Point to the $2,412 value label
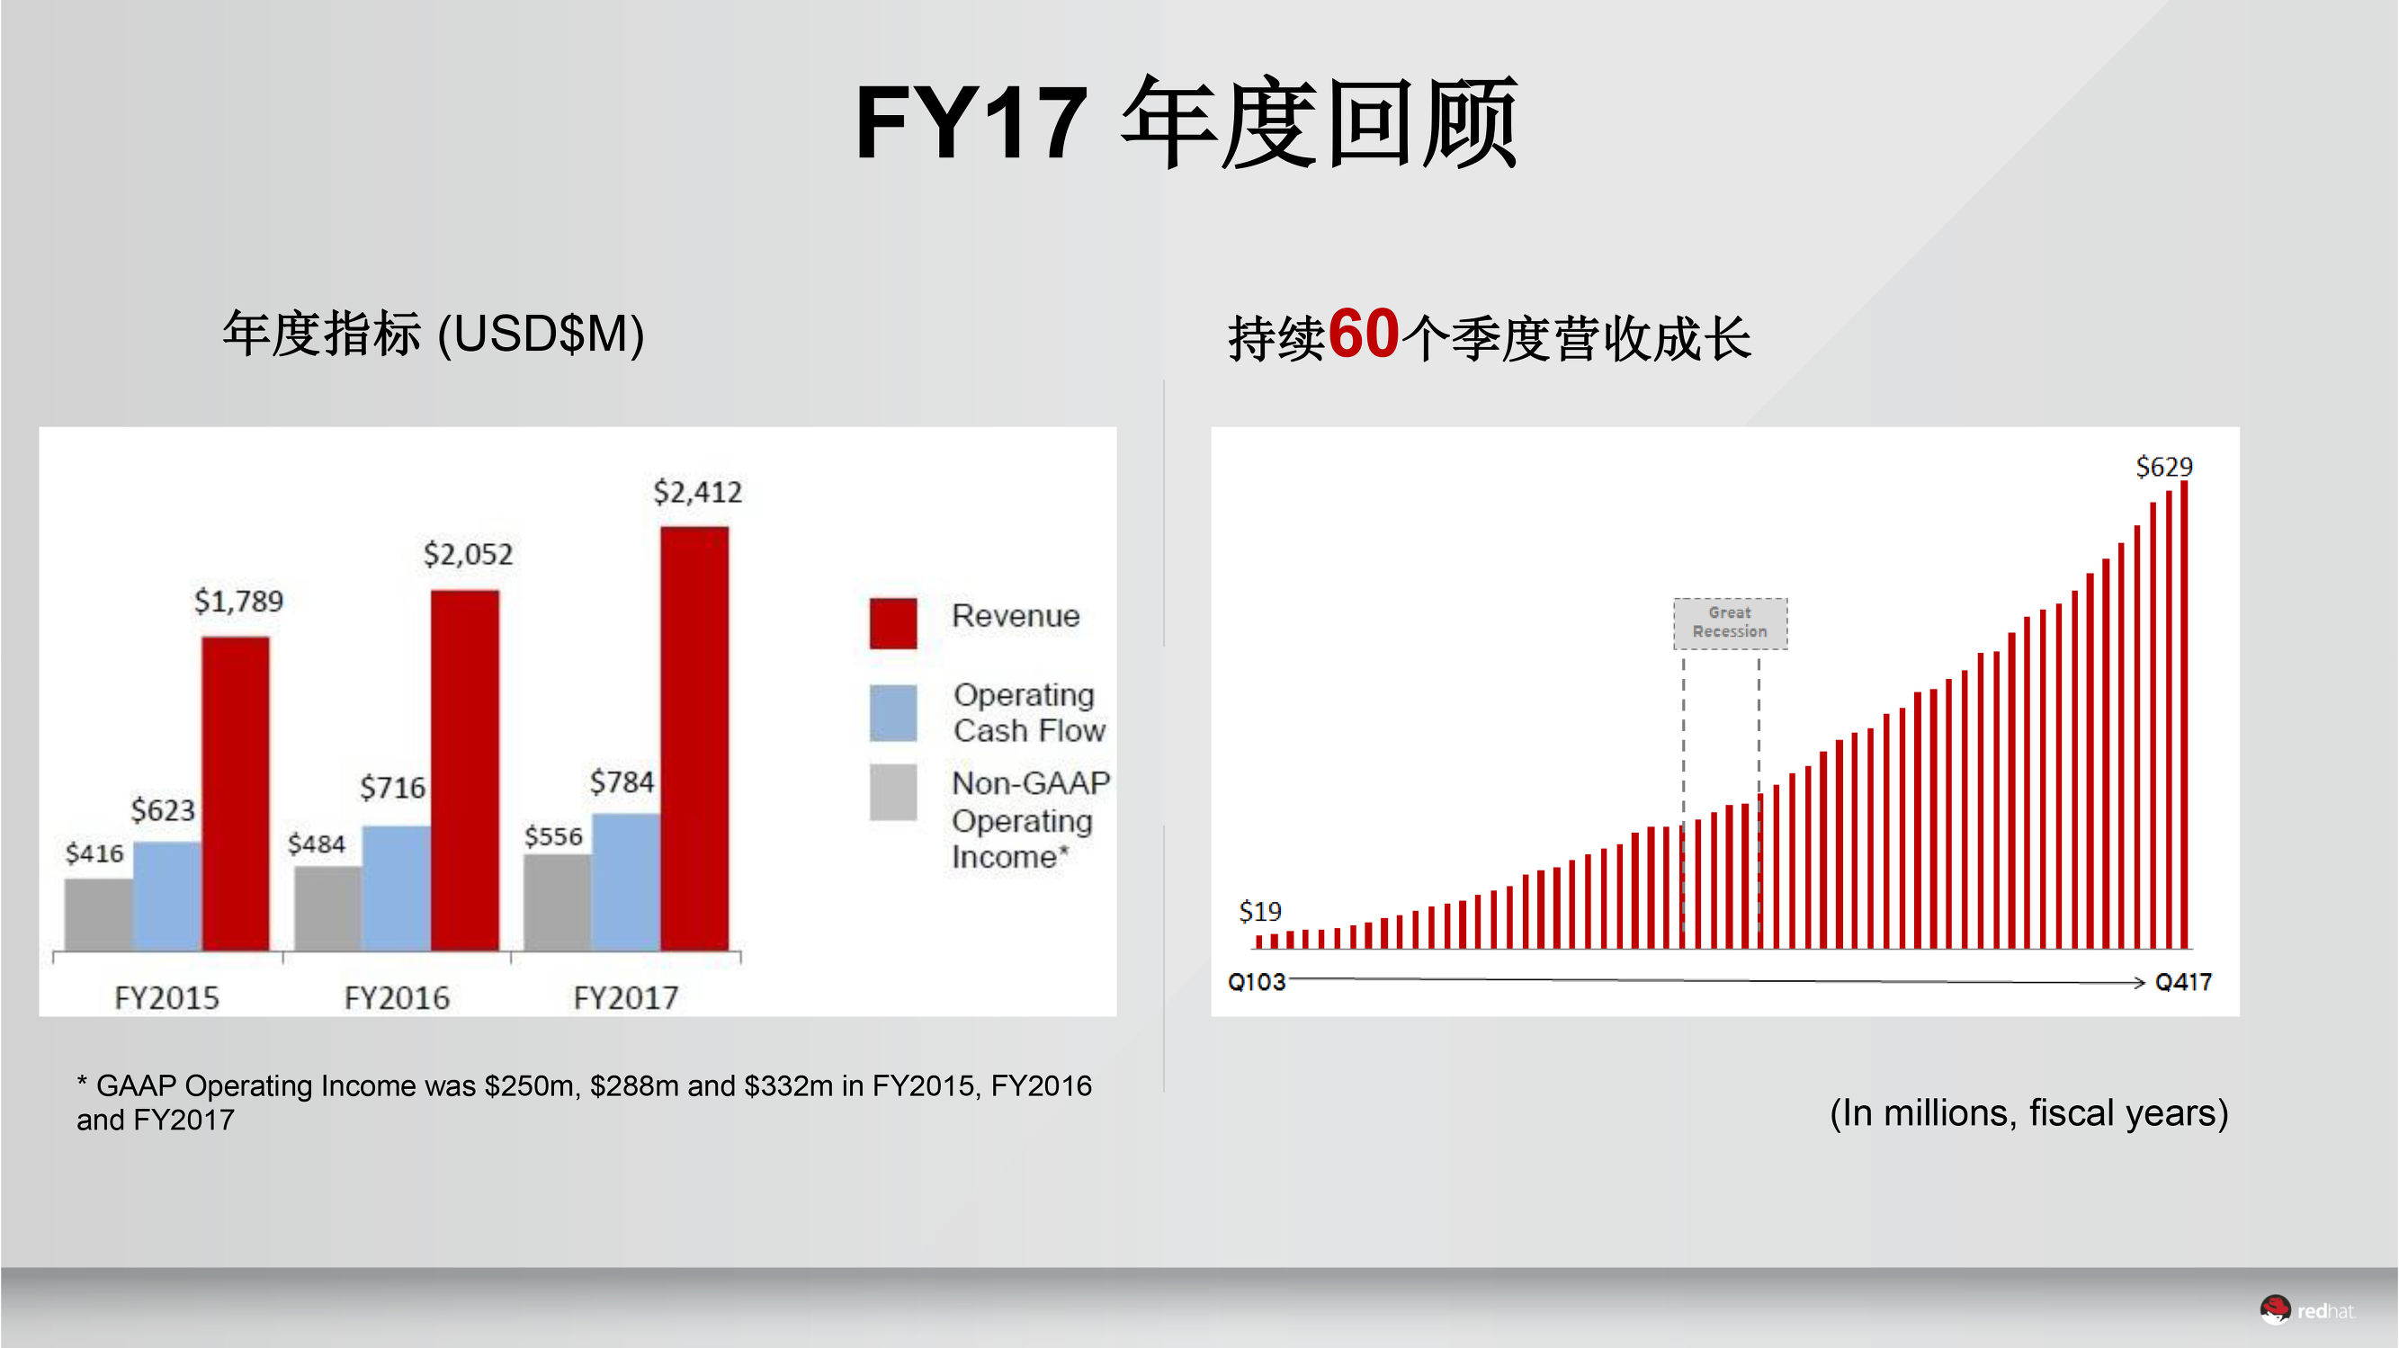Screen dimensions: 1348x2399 [697, 492]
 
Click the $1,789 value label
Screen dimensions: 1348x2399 [238, 602]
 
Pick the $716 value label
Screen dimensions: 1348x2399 [392, 788]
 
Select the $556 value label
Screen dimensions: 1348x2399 [553, 836]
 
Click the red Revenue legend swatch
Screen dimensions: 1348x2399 [893, 623]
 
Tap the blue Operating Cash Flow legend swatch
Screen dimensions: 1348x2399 [893, 713]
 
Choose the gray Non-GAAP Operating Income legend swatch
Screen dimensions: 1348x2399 [893, 792]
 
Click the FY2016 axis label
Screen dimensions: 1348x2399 [397, 998]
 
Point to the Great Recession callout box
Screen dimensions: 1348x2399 [1730, 623]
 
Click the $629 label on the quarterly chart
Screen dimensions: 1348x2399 [2163, 467]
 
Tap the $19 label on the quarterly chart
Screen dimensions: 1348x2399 [1259, 911]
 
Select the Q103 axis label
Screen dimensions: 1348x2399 [1257, 982]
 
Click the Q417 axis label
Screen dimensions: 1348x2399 [2183, 982]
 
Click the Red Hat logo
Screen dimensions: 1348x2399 [2305, 1311]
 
